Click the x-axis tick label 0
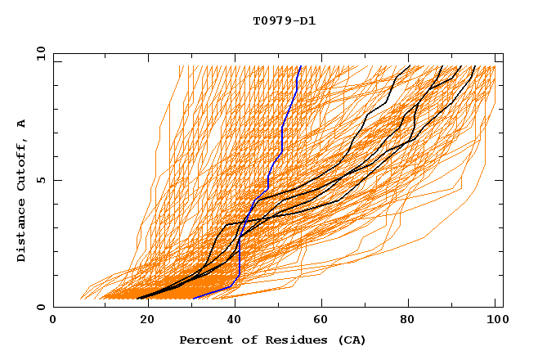click(x=53, y=321)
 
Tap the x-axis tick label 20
click(x=141, y=321)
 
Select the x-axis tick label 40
click(x=231, y=321)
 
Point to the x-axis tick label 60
click(x=319, y=321)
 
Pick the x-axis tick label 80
click(x=407, y=321)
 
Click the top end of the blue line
click(x=300, y=66)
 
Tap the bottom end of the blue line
click(x=193, y=298)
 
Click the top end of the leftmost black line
click(x=410, y=66)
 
